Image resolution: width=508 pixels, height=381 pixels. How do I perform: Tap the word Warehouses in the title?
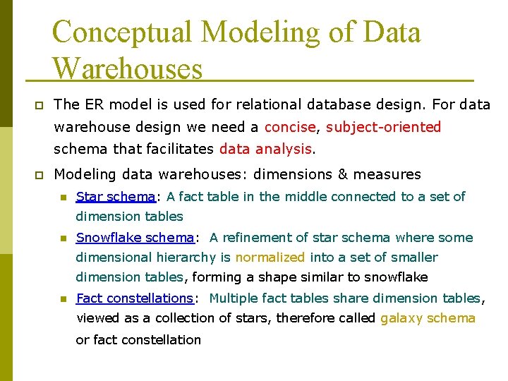tap(127, 68)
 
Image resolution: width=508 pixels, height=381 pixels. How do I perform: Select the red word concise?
tap(289, 127)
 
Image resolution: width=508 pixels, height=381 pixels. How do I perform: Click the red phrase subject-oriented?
tap(384, 127)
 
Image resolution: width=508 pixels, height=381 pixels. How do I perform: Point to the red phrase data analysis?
tap(265, 149)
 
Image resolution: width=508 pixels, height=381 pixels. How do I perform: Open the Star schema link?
tap(116, 196)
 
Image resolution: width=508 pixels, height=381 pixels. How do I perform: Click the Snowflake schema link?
tap(135, 237)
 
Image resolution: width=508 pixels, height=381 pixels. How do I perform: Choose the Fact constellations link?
tap(135, 298)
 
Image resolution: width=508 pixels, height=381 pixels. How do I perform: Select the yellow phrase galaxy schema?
tap(428, 318)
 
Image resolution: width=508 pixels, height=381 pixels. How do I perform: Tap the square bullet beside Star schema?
tap(62, 197)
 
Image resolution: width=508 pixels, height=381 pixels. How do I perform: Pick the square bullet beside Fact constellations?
tap(62, 299)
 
